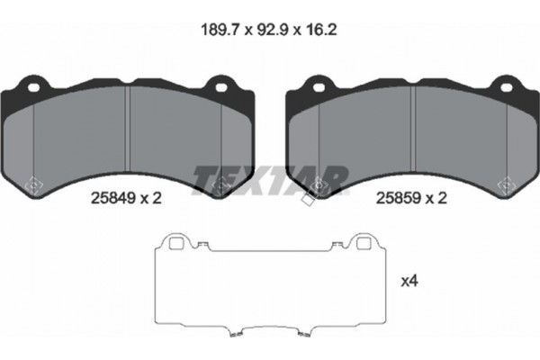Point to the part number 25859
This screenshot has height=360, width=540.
tap(398, 198)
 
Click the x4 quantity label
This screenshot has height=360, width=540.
tap(409, 282)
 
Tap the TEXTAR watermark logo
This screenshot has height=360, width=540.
tap(270, 180)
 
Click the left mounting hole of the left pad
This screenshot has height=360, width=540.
tap(34, 87)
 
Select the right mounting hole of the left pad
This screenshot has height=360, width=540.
tap(221, 87)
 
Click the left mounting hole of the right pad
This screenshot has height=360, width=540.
tap(319, 87)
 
